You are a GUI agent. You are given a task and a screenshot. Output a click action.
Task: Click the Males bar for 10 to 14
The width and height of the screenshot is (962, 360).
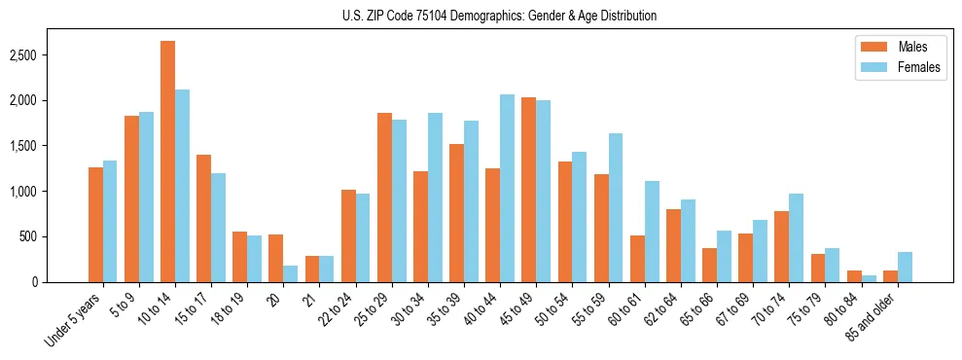pyautogui.click(x=167, y=162)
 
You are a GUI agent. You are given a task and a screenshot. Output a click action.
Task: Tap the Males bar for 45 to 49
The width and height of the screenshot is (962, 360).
pyautogui.click(x=528, y=190)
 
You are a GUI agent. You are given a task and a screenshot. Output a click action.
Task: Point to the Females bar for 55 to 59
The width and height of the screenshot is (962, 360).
pyautogui.click(x=615, y=207)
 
